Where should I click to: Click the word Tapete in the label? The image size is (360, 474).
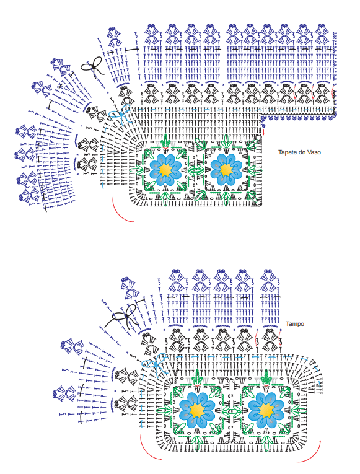(287, 152)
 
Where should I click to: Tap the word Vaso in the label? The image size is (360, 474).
(314, 152)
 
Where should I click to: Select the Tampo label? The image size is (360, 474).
(295, 324)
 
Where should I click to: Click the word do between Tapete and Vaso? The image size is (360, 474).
(301, 152)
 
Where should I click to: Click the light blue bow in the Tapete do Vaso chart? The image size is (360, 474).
(120, 114)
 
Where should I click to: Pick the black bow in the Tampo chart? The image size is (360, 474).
(125, 317)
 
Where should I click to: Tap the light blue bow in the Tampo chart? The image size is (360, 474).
(156, 363)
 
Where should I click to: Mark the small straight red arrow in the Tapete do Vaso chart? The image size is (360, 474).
(263, 132)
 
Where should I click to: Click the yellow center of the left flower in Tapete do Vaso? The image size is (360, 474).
(165, 170)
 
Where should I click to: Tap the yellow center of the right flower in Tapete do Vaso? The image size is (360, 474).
(226, 170)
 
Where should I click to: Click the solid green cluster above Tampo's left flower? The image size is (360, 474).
(198, 378)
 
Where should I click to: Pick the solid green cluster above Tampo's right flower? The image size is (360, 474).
(266, 378)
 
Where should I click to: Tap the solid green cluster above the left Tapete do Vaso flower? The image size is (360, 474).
(165, 141)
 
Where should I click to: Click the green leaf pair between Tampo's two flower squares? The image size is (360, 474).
(232, 411)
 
